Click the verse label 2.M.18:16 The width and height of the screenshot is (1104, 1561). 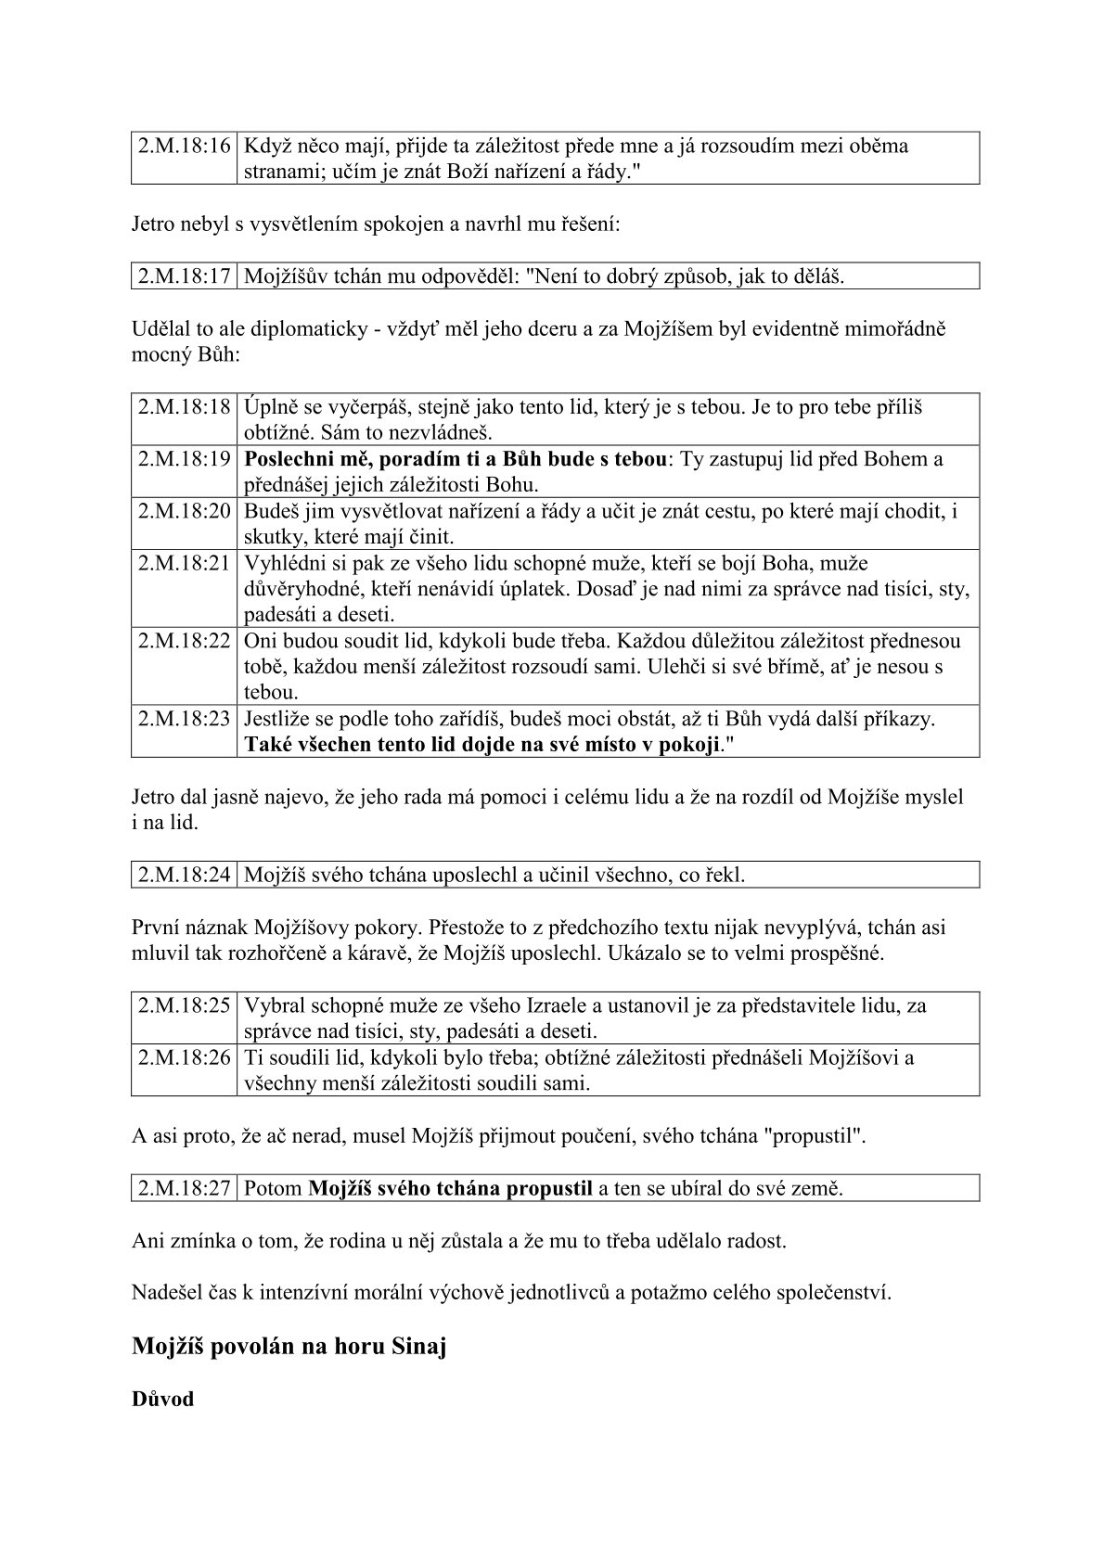tap(184, 146)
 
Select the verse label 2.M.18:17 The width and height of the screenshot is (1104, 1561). tap(184, 276)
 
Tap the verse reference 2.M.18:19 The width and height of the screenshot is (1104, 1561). tap(184, 459)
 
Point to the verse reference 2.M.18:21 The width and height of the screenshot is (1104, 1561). tap(184, 563)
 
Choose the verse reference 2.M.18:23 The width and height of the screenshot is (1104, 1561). tap(184, 719)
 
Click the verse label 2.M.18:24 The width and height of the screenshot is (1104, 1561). tap(184, 875)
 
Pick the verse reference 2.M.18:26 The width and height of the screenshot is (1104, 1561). tap(184, 1057)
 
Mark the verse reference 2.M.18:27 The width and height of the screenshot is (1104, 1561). tap(184, 1188)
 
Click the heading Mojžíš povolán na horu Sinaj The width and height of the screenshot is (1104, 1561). tap(289, 1346)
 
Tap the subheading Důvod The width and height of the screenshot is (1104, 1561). tap(163, 1399)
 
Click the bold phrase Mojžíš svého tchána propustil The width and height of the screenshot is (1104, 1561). tap(450, 1188)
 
